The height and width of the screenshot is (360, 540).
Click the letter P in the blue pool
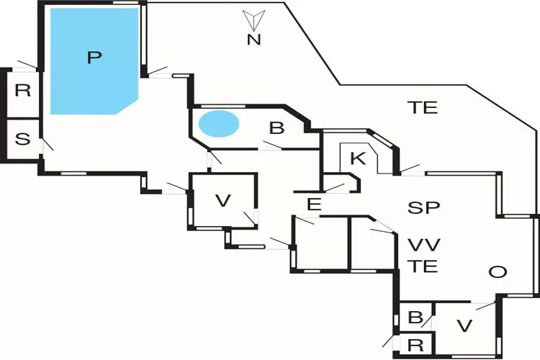tap(91, 58)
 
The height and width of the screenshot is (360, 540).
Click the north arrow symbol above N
tap(253, 19)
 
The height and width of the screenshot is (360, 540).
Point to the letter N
tap(253, 40)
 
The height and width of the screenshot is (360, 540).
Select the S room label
tap(22, 139)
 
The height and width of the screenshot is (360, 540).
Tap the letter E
tap(313, 204)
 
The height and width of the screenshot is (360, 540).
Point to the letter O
tap(496, 271)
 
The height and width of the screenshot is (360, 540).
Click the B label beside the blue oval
tap(277, 128)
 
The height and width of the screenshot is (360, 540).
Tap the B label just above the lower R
tap(415, 318)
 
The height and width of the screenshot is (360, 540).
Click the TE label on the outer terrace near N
tap(423, 108)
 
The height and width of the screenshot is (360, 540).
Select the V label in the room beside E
tap(223, 200)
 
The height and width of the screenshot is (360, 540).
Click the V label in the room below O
tap(464, 326)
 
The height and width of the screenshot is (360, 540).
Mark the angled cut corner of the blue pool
tap(127, 104)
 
